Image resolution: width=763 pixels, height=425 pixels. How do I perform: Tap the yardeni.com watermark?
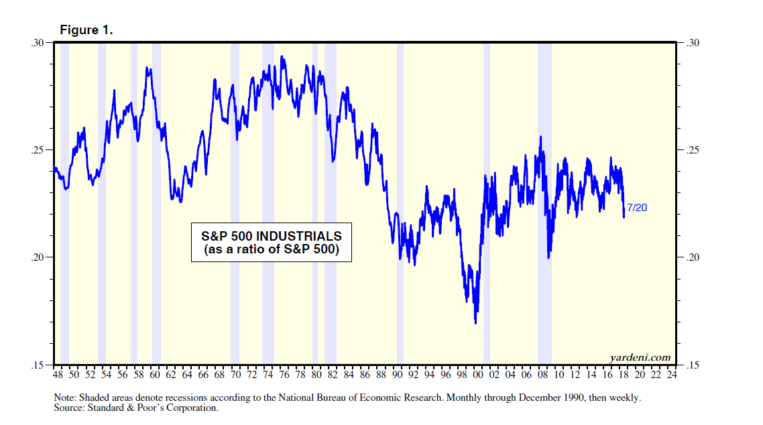point(640,357)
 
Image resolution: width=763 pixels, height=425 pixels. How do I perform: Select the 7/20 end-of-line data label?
point(637,208)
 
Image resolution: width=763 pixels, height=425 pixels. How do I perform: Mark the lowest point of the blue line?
point(475,323)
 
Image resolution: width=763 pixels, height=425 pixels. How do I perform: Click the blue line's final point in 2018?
point(624,216)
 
